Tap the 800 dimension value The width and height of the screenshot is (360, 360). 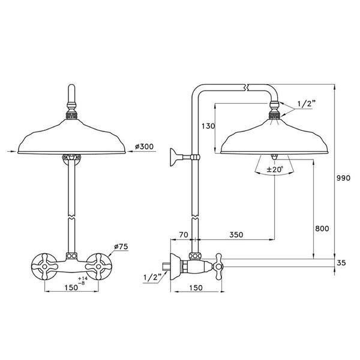pyautogui.click(x=323, y=228)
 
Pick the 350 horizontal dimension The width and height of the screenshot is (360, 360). pyautogui.click(x=236, y=236)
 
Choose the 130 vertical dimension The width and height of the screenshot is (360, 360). pyautogui.click(x=208, y=127)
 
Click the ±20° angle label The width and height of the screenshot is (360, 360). pyautogui.click(x=275, y=170)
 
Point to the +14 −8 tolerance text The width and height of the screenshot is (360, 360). pyautogui.click(x=86, y=281)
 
